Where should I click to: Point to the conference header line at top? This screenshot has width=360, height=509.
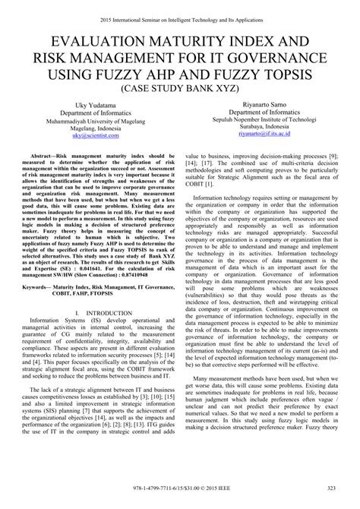[x=180, y=9]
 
